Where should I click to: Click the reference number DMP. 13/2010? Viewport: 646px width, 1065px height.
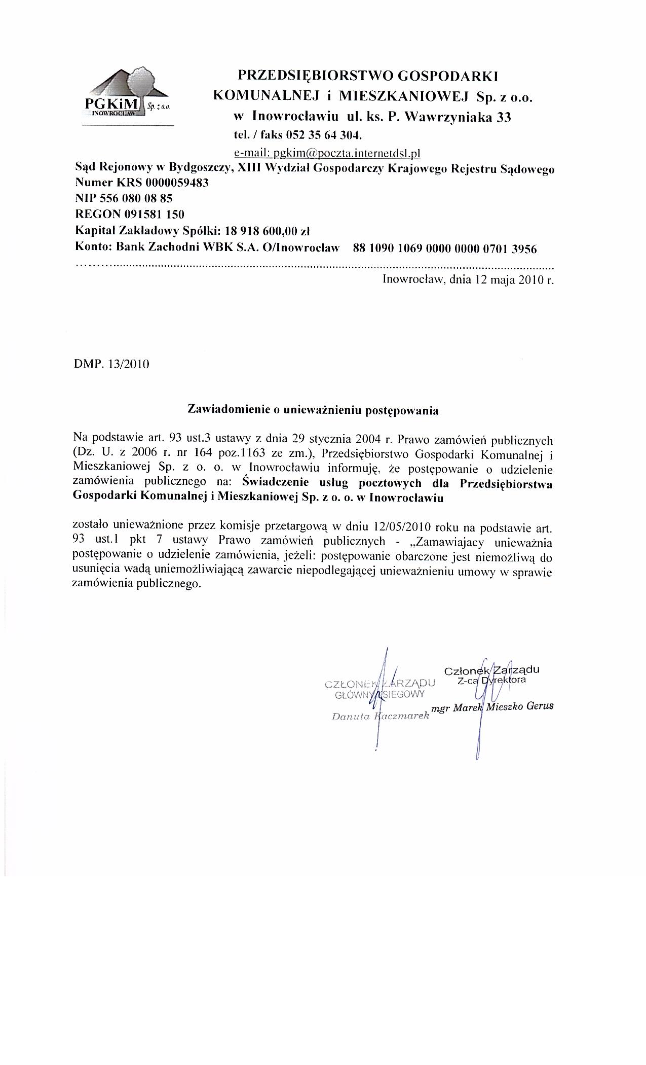111,364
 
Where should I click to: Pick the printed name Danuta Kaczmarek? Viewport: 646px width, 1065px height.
380,717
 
